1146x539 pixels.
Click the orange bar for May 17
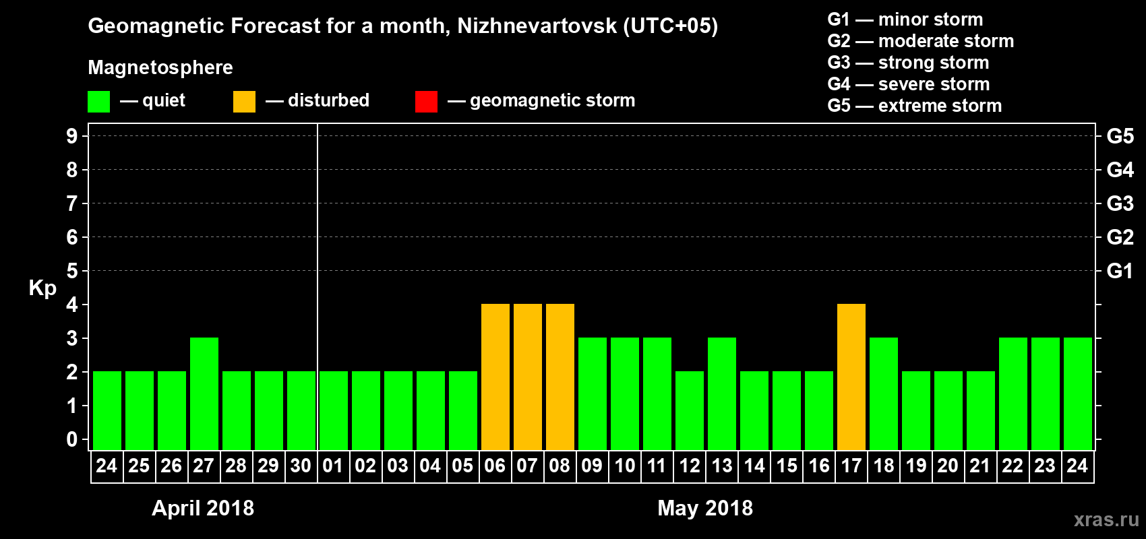[x=851, y=377]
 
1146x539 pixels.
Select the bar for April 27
[x=204, y=393]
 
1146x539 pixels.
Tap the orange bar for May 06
[x=495, y=377]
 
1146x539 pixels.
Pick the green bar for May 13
[x=722, y=393]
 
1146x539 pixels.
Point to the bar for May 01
[x=334, y=410]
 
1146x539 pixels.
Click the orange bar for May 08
[x=560, y=377]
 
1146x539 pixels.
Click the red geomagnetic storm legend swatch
[x=426, y=102]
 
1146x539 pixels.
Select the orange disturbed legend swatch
[x=244, y=102]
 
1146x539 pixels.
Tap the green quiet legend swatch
[x=99, y=102]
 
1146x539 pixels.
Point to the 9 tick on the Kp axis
[x=72, y=136]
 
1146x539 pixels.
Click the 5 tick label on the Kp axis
[x=72, y=271]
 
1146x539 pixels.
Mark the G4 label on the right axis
[x=1120, y=170]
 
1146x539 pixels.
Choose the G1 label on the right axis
[x=1120, y=271]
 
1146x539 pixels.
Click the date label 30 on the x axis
[x=301, y=466]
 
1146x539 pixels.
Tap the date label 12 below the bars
[x=689, y=466]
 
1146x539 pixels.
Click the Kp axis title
[x=42, y=288]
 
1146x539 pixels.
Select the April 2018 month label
[x=203, y=508]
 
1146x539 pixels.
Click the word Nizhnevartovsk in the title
[x=537, y=26]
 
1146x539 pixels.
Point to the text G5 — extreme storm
[x=914, y=106]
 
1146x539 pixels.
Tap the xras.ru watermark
[x=1106, y=519]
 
